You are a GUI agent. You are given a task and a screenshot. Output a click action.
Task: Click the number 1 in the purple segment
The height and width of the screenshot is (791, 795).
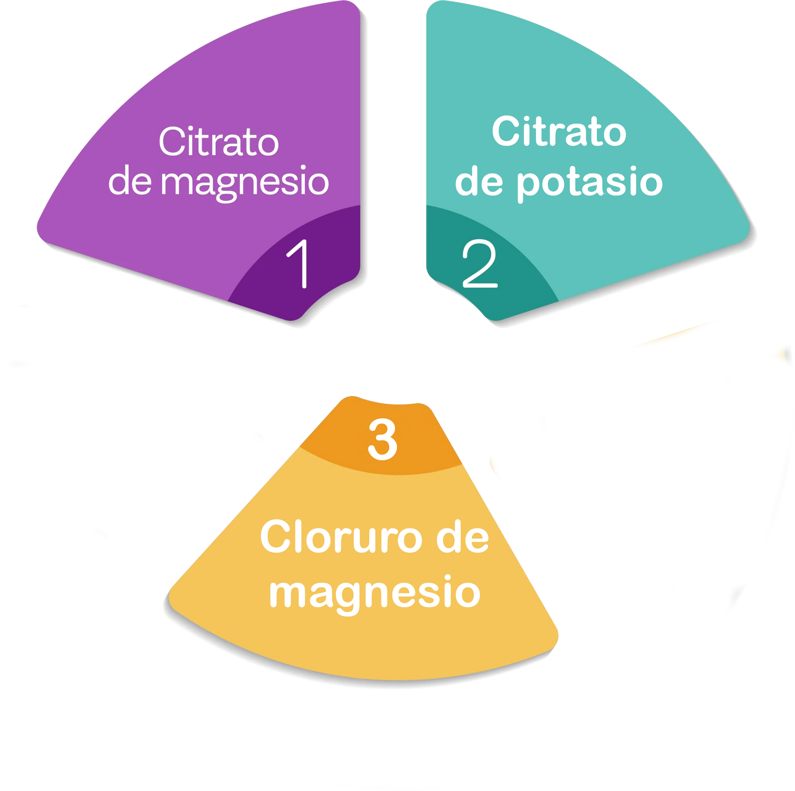298,264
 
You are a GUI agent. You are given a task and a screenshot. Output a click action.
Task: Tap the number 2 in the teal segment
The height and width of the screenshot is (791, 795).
480,264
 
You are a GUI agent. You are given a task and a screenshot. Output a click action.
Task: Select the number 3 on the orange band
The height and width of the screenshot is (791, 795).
382,439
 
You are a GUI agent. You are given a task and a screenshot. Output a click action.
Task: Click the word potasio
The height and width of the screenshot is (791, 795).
589,183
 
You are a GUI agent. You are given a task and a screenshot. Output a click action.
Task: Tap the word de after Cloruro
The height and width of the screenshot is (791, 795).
463,537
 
